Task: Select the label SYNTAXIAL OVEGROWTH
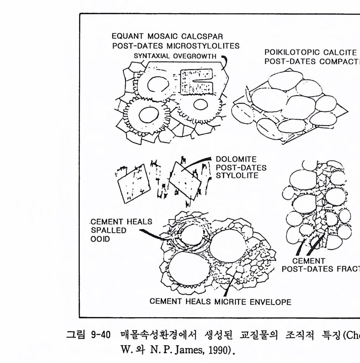coord(175,56)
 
